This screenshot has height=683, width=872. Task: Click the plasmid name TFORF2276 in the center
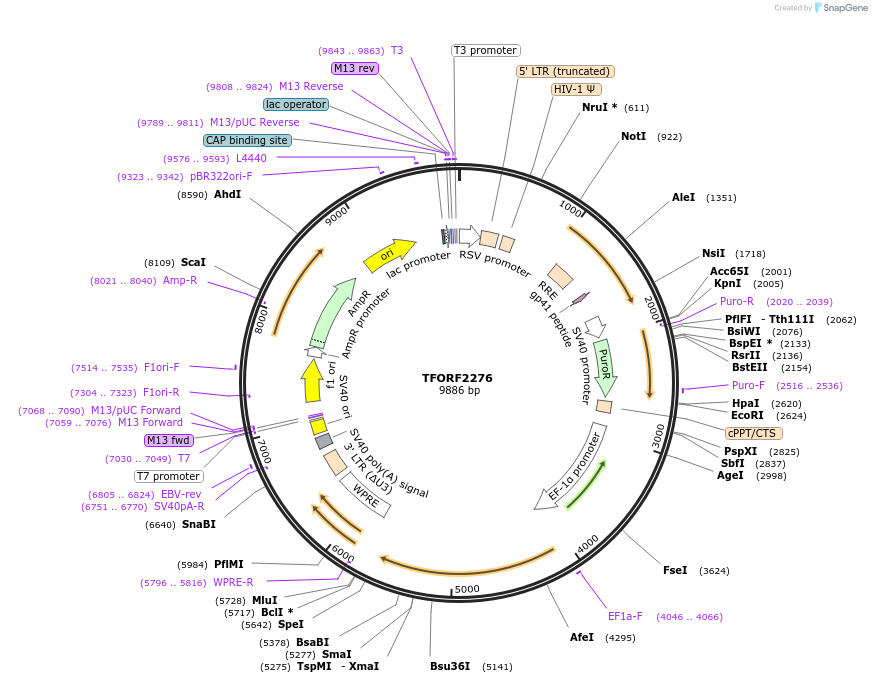[x=457, y=378]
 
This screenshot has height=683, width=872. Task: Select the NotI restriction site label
[x=633, y=136]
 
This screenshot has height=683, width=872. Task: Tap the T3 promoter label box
[x=486, y=50]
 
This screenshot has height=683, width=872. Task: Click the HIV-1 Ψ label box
[x=576, y=89]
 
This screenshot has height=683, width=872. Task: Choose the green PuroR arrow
[x=604, y=366]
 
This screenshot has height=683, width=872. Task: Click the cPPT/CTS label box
[x=754, y=433]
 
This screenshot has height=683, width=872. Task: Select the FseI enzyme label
[x=675, y=570]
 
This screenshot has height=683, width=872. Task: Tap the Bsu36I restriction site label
[x=450, y=666]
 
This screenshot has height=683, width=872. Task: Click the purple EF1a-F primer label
[x=625, y=616]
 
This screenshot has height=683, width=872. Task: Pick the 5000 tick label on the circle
[x=467, y=589]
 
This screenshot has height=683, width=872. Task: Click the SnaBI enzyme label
[x=199, y=524]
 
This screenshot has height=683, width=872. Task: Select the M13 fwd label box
[x=169, y=440]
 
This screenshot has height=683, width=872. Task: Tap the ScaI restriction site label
[x=193, y=262]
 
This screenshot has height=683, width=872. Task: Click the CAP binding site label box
[x=247, y=140]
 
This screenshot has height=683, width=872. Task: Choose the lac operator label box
[x=295, y=104]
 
